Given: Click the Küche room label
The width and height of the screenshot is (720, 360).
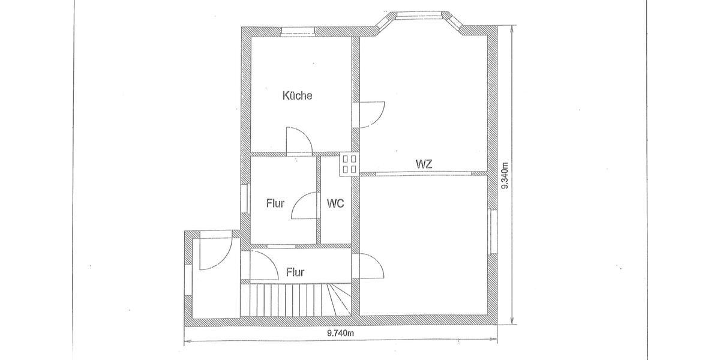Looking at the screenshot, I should [297, 95].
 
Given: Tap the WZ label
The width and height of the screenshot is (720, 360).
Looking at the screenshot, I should [424, 163].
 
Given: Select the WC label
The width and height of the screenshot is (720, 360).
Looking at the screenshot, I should [335, 203].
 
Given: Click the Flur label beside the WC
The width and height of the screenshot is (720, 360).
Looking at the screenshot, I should [275, 203].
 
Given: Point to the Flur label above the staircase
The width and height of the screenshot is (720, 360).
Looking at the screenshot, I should [295, 272].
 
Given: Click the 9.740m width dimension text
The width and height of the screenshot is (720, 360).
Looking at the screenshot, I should [342, 334].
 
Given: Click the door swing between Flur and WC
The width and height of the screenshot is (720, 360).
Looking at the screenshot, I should [305, 206].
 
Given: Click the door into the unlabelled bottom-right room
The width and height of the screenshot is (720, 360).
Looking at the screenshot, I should [370, 266].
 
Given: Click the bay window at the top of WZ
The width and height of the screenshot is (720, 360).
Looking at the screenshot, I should [420, 17].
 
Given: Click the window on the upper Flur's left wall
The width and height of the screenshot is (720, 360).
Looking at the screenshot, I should [245, 197].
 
